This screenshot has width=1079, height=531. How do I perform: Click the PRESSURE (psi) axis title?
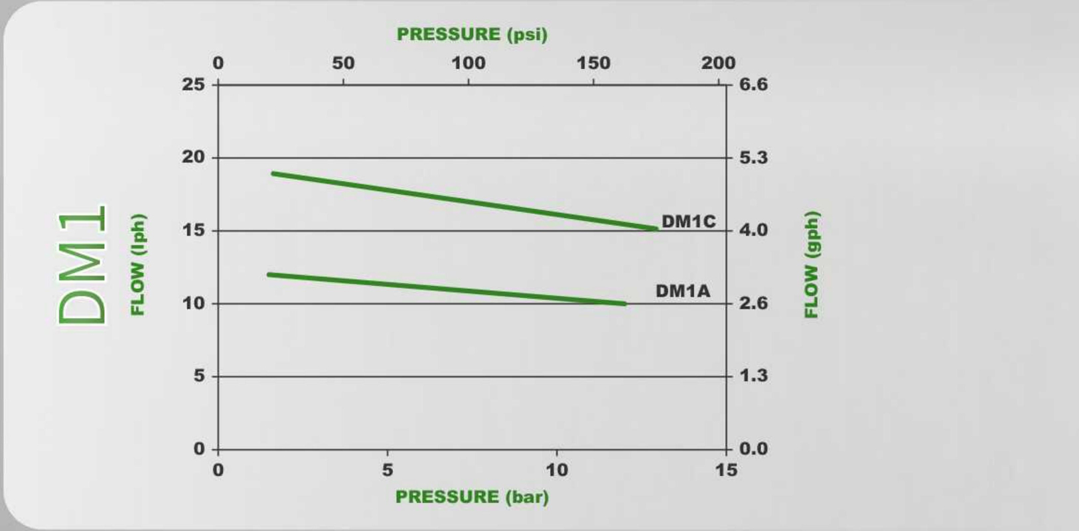click(472, 34)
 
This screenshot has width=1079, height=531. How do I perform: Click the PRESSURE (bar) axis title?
click(472, 496)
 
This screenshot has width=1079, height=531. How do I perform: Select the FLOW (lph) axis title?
click(137, 265)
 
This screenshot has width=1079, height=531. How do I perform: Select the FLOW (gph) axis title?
click(812, 265)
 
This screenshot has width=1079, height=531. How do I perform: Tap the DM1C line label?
click(688, 221)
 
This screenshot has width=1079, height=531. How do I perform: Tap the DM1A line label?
click(682, 291)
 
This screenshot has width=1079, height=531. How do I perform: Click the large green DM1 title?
click(82, 265)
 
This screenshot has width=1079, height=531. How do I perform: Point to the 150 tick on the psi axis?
click(593, 63)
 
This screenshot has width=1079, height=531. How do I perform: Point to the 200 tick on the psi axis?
click(718, 63)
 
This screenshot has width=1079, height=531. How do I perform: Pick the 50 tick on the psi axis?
click(342, 63)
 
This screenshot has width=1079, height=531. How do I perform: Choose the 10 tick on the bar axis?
click(556, 470)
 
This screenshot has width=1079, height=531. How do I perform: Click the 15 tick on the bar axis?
click(726, 470)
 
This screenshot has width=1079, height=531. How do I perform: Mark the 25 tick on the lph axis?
click(193, 84)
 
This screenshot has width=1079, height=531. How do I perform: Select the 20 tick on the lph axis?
click(193, 157)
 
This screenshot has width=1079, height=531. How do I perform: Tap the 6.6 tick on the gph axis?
click(753, 84)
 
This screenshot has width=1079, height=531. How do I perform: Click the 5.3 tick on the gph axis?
click(753, 157)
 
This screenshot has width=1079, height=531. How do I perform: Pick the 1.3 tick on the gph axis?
click(753, 376)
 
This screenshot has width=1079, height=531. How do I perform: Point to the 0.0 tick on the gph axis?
click(753, 449)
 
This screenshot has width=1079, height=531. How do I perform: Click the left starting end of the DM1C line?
click(273, 174)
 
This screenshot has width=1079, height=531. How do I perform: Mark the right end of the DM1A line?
click(624, 303)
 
